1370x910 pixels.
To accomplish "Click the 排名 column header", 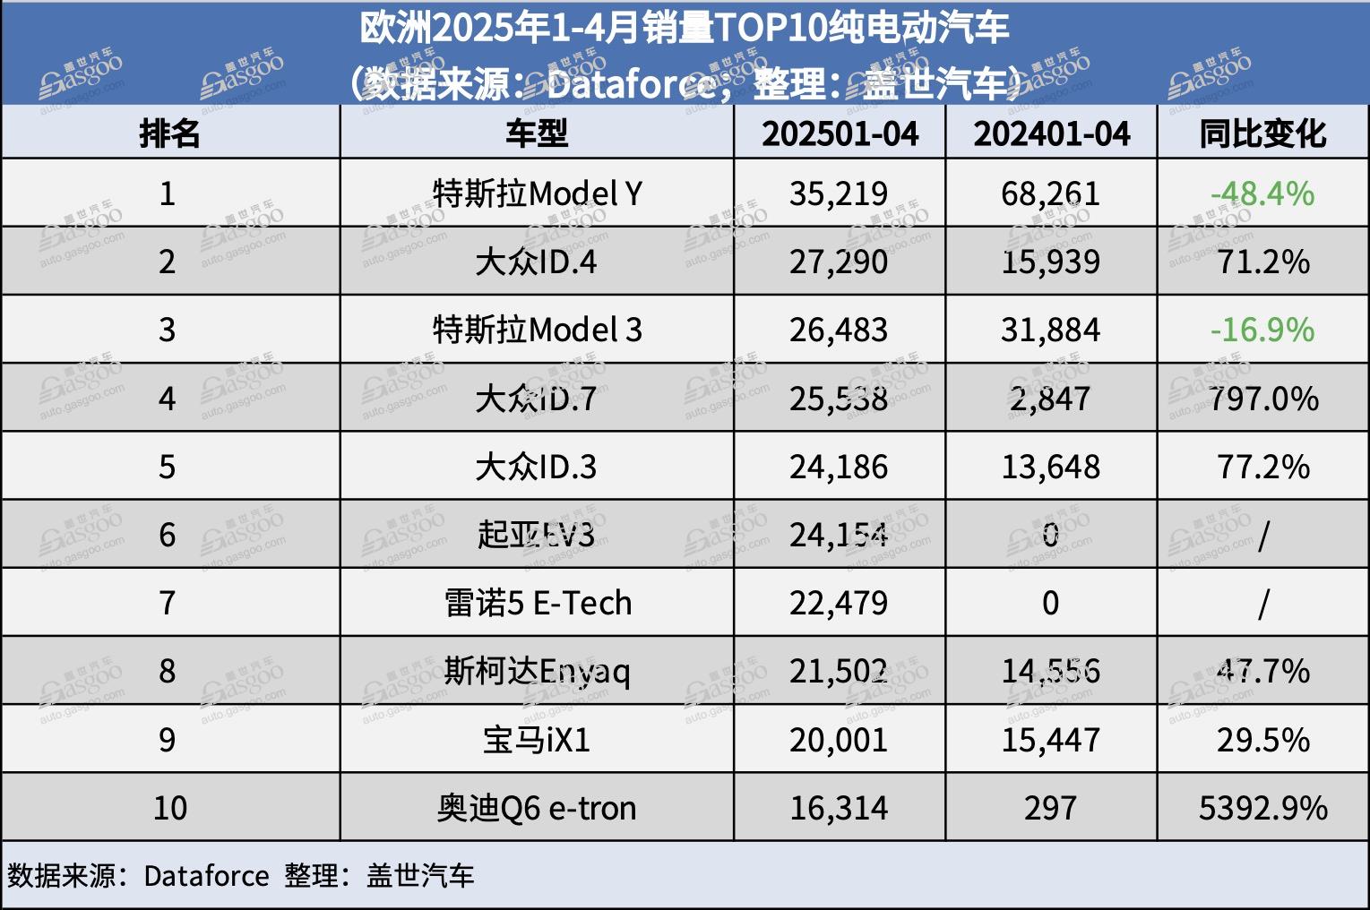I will [x=169, y=133].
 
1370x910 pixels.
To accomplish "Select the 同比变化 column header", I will [x=1262, y=133].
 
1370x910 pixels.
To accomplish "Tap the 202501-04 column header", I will [x=840, y=133].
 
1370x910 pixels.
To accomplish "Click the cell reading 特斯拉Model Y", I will [x=537, y=193].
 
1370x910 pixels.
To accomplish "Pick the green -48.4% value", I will [x=1262, y=193].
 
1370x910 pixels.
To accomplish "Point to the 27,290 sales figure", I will [x=839, y=262].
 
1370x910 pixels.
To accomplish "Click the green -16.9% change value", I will [x=1262, y=330].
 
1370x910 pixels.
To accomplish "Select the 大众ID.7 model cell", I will [x=537, y=399].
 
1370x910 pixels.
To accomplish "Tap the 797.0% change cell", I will [x=1263, y=399].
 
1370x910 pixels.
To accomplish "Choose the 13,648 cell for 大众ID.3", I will [x=1050, y=467].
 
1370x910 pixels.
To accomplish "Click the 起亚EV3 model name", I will [x=537, y=535].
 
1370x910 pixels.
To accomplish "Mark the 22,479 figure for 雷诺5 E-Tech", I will [x=839, y=603].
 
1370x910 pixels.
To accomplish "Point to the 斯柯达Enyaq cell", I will [x=537, y=671].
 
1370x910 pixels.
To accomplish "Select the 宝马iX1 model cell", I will [x=537, y=740].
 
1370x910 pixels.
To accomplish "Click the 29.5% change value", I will [x=1263, y=740].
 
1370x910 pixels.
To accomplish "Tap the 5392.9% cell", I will [x=1263, y=808].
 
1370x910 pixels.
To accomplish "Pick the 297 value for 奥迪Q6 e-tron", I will [x=1050, y=808].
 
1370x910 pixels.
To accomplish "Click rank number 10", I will [x=169, y=808].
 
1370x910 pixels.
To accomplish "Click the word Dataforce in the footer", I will [x=206, y=875].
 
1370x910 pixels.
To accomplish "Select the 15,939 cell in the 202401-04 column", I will [x=1050, y=262].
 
